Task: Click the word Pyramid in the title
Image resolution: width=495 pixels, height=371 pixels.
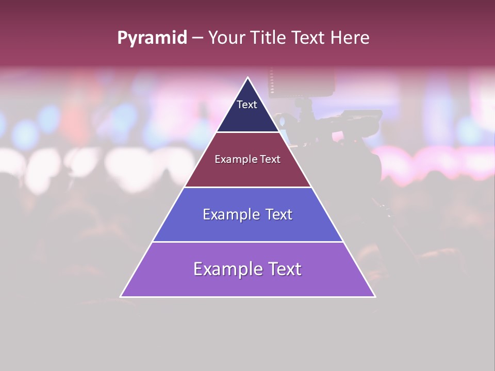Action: coord(152,38)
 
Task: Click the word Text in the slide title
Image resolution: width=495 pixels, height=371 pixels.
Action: coord(309,38)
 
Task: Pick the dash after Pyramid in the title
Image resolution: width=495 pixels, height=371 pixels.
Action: coord(197,38)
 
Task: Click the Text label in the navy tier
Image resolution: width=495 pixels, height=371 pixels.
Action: coord(246,105)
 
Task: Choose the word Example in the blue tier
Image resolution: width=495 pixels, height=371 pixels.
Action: coord(229,214)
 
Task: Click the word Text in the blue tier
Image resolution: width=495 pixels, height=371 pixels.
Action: coord(279,214)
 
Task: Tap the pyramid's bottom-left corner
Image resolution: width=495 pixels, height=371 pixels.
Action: coord(121,296)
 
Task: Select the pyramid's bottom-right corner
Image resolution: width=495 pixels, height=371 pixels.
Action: coord(375,296)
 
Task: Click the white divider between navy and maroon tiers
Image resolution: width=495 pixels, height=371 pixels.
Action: coord(248,132)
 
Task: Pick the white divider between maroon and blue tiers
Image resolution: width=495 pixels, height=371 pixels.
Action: coord(248,187)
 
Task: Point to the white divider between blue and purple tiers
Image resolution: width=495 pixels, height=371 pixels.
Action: coord(248,242)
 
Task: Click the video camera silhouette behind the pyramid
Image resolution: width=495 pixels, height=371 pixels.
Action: coord(330,129)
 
